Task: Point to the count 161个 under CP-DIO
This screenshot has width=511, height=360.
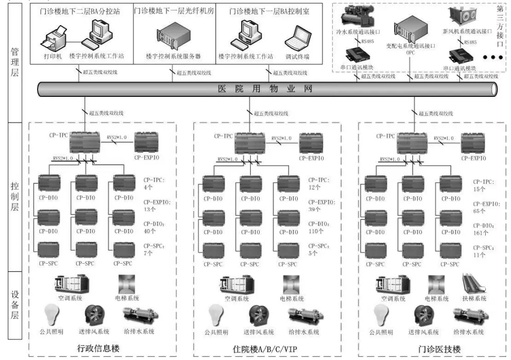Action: pyautogui.click(x=481, y=233)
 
